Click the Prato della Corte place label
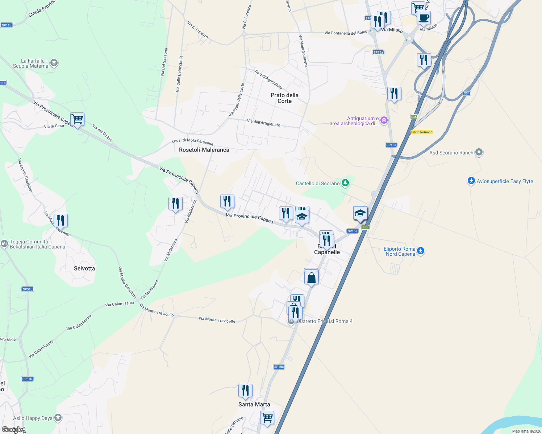[x=284, y=98]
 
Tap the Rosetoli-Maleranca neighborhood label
[x=204, y=150]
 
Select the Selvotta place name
[x=84, y=268]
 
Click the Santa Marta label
[x=254, y=404]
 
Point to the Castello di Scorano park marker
[x=345, y=183]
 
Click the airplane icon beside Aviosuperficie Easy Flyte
[x=471, y=181]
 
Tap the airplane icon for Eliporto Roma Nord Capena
[x=420, y=251]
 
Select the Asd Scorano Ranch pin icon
[x=479, y=152]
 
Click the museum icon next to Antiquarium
[x=384, y=120]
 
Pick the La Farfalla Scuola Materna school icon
[x=54, y=63]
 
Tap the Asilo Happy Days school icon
[x=58, y=418]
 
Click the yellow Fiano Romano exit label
[x=422, y=132]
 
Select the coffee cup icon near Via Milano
[x=423, y=18]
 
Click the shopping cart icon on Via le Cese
[x=77, y=119]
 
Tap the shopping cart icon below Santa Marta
[x=267, y=417]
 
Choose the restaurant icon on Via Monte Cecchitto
[x=61, y=220]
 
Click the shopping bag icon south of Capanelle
[x=311, y=278]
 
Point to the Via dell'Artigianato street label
[x=263, y=123]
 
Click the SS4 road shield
[x=466, y=93]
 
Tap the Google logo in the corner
[x=12, y=430]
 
